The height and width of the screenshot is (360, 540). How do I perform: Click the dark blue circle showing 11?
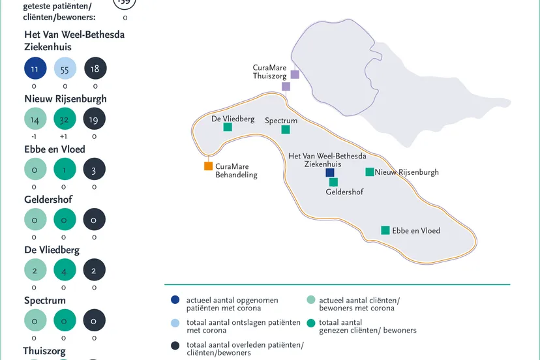[35, 68]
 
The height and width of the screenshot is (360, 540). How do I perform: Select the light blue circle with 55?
[65, 68]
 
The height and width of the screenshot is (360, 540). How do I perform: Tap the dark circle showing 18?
[95, 68]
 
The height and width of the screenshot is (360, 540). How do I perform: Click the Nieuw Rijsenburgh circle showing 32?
[65, 119]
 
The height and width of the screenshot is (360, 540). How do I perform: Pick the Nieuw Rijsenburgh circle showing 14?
[35, 119]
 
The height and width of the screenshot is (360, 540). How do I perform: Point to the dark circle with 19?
[95, 119]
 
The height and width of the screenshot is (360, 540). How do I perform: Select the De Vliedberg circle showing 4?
[65, 270]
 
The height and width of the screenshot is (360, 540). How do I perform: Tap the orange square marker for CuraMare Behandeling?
[209, 166]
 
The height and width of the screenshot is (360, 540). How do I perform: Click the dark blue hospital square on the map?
[330, 173]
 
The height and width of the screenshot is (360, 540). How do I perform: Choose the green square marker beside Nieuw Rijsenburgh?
[370, 172]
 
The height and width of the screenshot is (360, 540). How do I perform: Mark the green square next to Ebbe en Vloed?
[385, 230]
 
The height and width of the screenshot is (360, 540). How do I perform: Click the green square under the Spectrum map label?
[286, 130]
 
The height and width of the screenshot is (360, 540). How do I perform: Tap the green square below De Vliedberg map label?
[228, 127]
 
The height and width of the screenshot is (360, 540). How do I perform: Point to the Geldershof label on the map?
[344, 192]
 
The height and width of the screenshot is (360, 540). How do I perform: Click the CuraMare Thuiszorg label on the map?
[270, 72]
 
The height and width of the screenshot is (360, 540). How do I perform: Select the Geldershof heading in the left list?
[48, 200]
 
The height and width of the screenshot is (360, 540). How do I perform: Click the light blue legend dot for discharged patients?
[175, 322]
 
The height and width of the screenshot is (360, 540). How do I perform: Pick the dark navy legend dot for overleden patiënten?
[175, 345]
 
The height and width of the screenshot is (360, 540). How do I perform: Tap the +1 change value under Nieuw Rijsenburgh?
[65, 137]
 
